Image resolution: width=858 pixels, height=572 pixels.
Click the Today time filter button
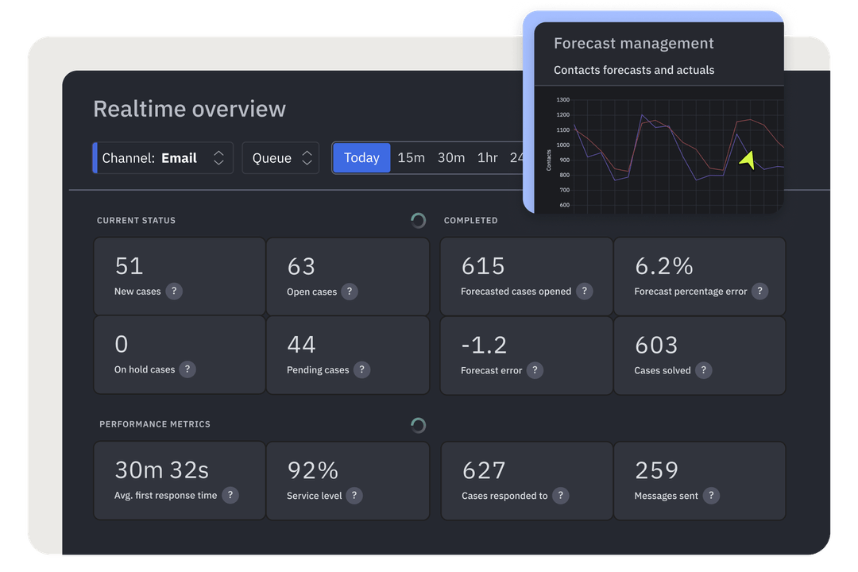tap(361, 157)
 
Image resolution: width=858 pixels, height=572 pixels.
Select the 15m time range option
tap(411, 157)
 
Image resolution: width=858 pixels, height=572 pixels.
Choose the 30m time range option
tap(451, 157)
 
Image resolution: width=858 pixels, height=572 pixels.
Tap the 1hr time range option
tap(488, 157)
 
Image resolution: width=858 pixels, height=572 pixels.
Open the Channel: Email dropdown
tap(164, 158)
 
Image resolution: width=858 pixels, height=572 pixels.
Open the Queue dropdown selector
tap(280, 158)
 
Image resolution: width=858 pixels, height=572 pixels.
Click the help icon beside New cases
tap(174, 291)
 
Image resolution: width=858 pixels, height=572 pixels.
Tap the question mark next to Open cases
tap(350, 292)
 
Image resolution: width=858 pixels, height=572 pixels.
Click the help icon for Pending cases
tap(361, 369)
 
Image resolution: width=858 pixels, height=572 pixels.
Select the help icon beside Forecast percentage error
tap(759, 291)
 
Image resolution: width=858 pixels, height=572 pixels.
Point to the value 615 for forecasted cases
tap(483, 266)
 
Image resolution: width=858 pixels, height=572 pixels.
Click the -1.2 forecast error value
tap(484, 345)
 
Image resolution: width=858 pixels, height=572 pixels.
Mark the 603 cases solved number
tap(656, 345)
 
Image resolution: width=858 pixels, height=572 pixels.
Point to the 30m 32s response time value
tap(162, 470)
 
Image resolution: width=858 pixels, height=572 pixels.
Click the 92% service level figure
tap(313, 470)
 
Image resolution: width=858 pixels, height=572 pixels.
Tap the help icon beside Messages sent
tap(711, 495)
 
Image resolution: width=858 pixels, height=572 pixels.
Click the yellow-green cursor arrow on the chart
tap(747, 160)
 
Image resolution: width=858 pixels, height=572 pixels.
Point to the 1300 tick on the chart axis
tap(562, 100)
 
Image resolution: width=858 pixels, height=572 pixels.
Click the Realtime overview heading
tap(189, 109)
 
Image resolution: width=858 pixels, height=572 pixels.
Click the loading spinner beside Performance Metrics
tap(418, 425)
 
